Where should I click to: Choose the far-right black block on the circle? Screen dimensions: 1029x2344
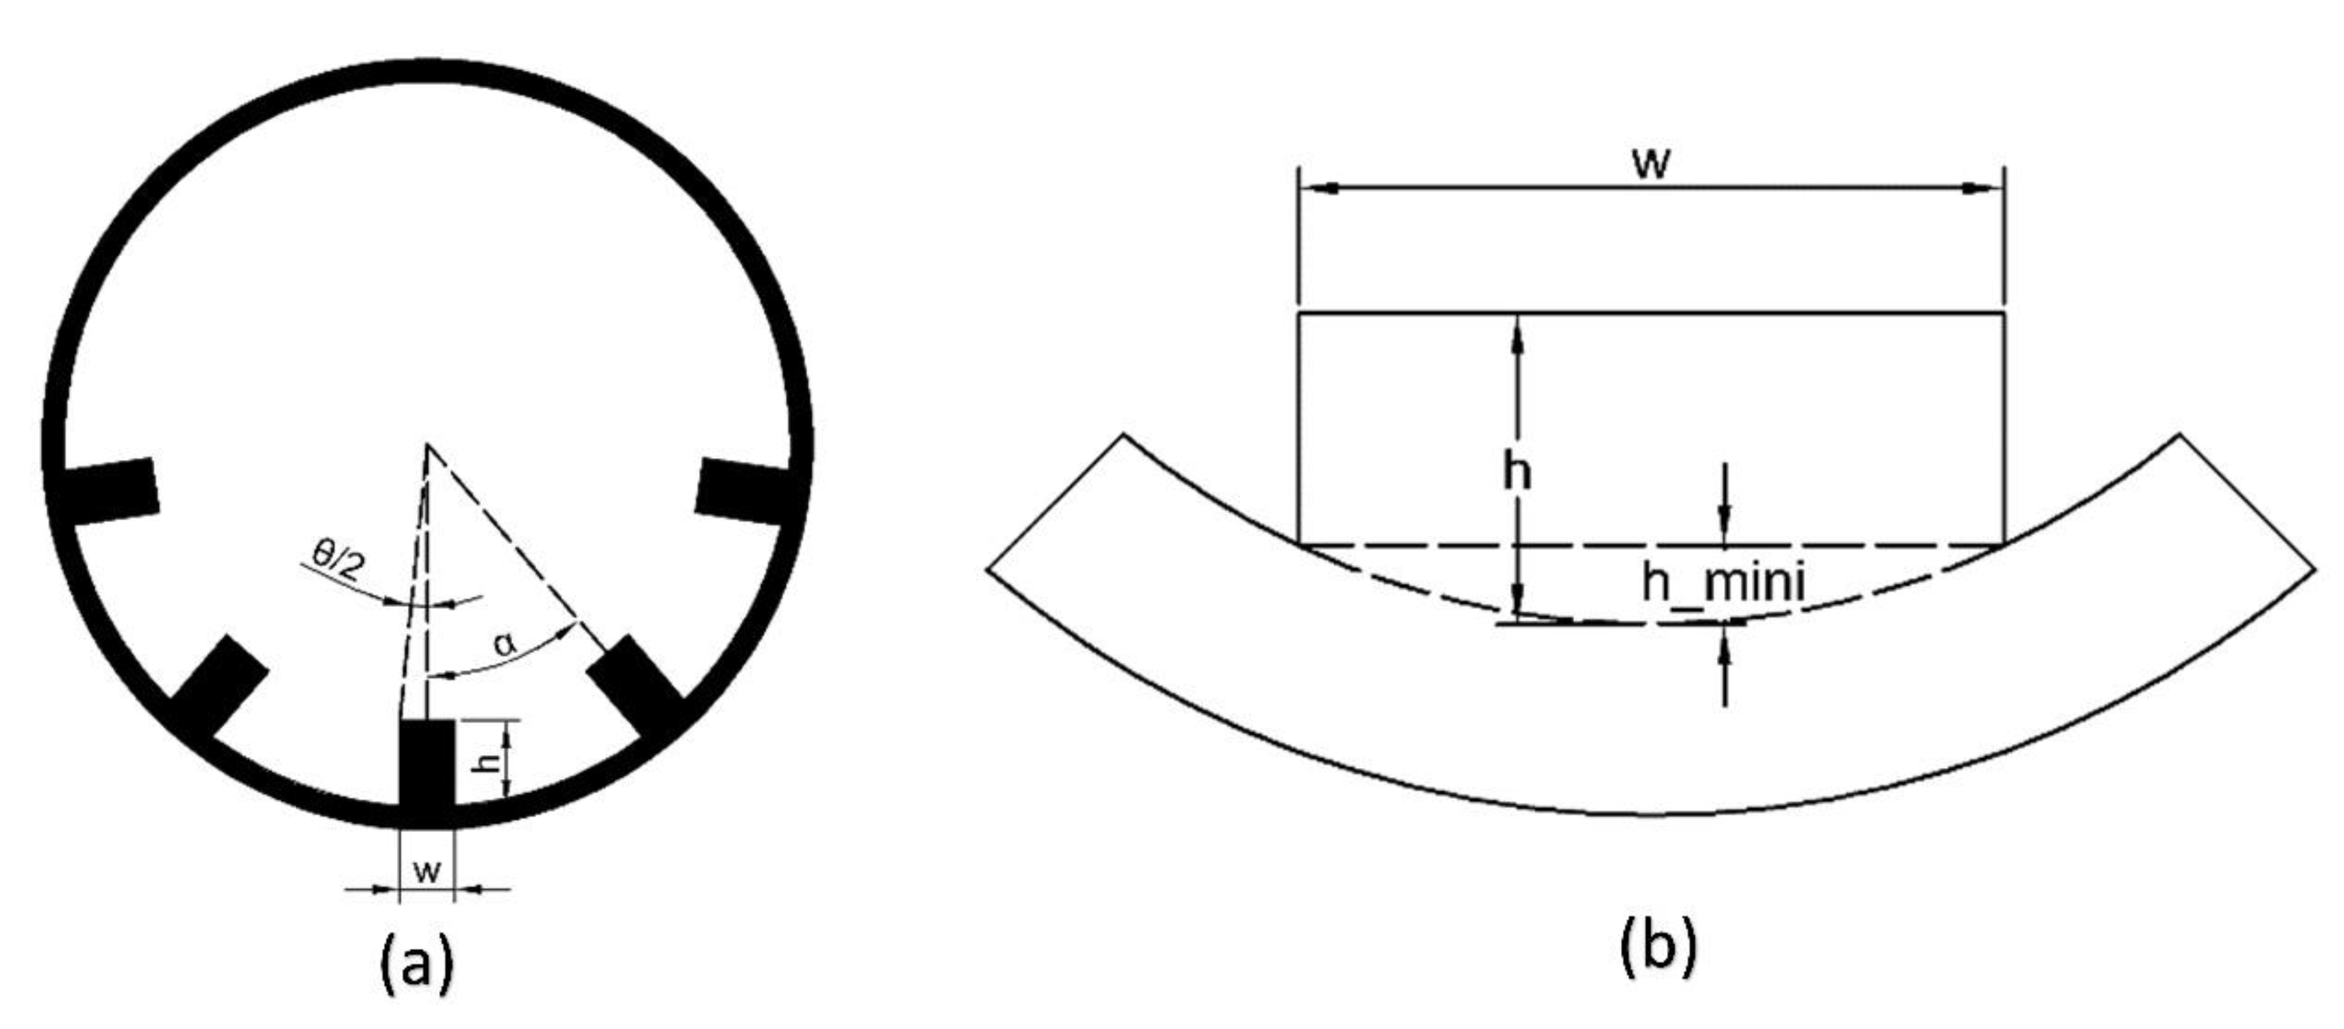click(x=743, y=491)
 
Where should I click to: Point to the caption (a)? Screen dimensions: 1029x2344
click(x=416, y=964)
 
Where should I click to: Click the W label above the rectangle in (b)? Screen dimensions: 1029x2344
click(x=1650, y=164)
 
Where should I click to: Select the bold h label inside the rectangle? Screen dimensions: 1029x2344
click(x=1517, y=473)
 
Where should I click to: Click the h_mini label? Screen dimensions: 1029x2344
click(x=1723, y=582)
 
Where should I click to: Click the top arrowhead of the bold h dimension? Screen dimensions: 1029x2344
click(x=1517, y=332)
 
